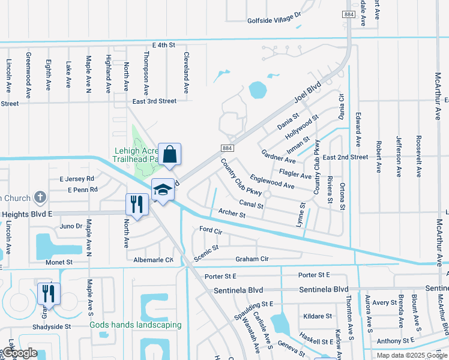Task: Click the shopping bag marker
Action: (170, 154)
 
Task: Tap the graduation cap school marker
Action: (163, 190)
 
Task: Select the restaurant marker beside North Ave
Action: (137, 205)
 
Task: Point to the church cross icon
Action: (40, 197)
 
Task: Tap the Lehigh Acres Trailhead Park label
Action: (135, 155)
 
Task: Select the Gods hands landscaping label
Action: (136, 325)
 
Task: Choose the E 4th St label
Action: (163, 45)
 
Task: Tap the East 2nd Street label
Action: (345, 157)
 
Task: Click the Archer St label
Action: (232, 214)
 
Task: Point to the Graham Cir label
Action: (252, 259)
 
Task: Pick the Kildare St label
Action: (318, 316)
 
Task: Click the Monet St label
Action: (59, 262)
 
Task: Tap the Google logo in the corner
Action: (19, 353)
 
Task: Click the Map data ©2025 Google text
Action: (411, 355)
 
